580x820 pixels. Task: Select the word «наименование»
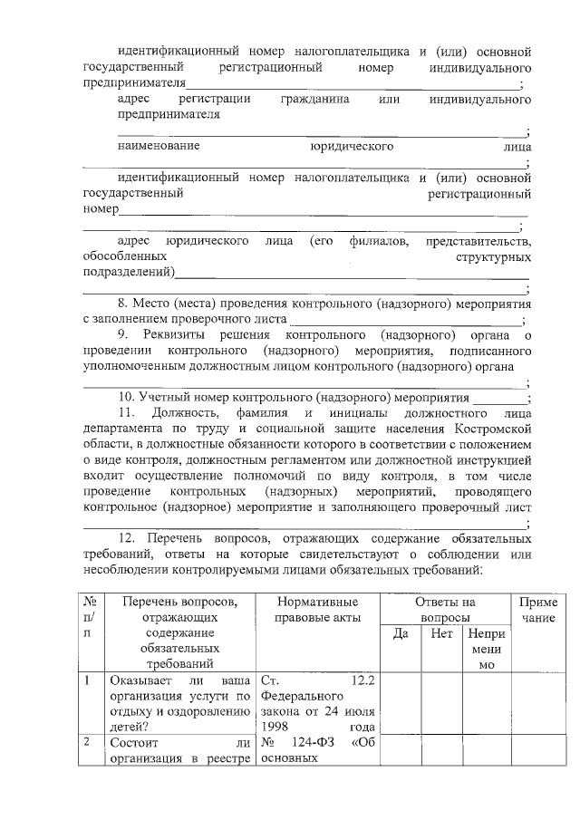[x=159, y=146]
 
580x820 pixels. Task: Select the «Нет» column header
[x=442, y=634]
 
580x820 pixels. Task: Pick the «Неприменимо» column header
[x=487, y=650]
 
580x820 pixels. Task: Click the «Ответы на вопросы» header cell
[x=444, y=608]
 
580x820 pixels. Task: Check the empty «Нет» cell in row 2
[x=442, y=750]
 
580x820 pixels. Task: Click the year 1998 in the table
[x=276, y=727]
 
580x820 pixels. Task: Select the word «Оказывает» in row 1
[x=139, y=680]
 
